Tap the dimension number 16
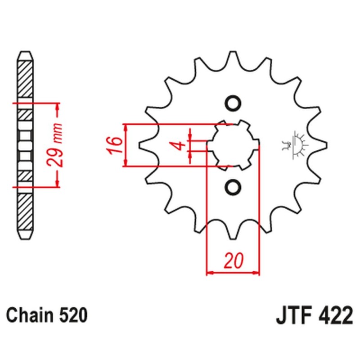115,145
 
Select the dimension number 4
178,145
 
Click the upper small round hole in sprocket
233,103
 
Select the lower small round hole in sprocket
233,187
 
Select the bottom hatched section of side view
25,211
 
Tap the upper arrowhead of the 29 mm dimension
57,107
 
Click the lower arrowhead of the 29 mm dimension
57,183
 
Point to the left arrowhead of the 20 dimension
209,272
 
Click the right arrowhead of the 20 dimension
257,272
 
